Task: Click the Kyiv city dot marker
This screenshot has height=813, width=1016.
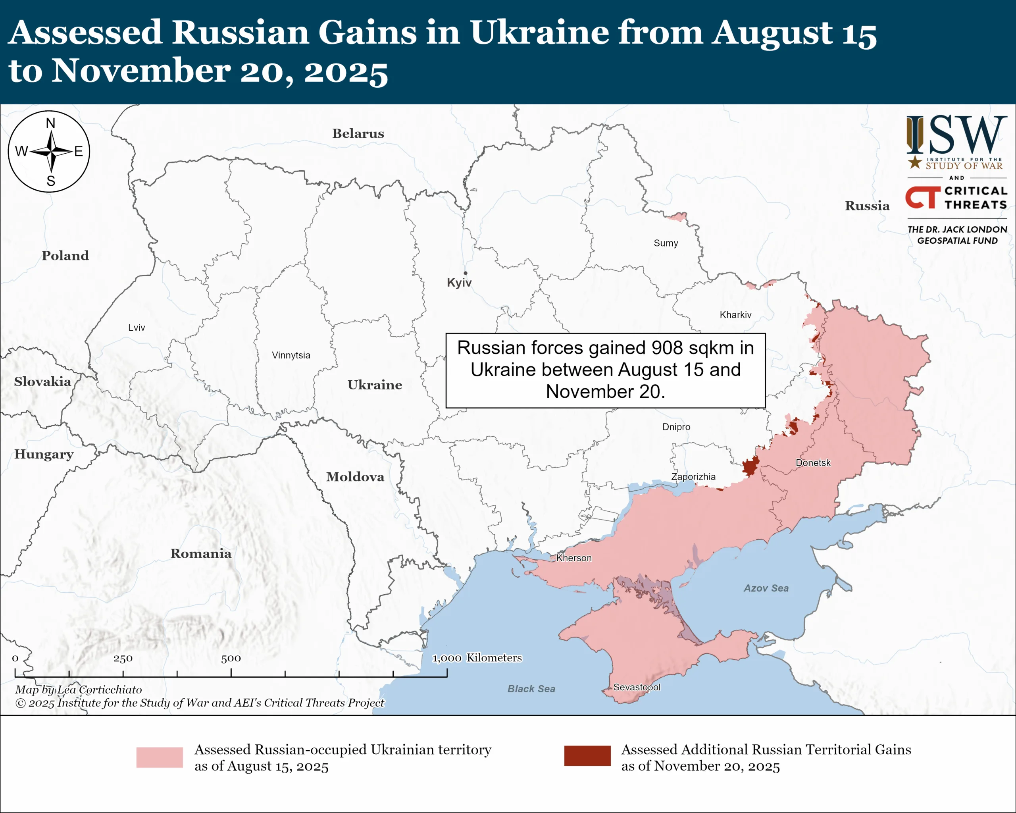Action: coord(465,273)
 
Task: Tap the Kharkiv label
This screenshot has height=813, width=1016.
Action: coord(735,315)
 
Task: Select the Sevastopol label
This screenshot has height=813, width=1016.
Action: coord(637,687)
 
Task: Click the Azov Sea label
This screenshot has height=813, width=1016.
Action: coord(766,588)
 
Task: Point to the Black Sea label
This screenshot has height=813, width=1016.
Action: coord(531,689)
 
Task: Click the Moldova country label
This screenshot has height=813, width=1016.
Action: coord(355,476)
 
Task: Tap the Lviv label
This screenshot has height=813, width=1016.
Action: coord(136,328)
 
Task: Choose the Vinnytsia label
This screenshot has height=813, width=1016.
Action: coord(291,355)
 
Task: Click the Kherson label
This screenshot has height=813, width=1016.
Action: coord(573,558)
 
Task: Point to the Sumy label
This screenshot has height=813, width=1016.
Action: coord(666,243)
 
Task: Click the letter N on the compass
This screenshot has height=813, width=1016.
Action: coord(50,123)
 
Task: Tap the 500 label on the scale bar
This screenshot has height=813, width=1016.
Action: coord(231,659)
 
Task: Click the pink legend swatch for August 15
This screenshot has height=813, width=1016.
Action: coord(159,757)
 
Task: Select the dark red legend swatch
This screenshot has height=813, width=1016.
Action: coord(587,755)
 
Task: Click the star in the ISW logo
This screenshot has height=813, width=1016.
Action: coord(915,162)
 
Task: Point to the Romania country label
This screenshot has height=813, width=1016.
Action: coord(201,553)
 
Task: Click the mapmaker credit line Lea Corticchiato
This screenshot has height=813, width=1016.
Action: coord(78,690)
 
